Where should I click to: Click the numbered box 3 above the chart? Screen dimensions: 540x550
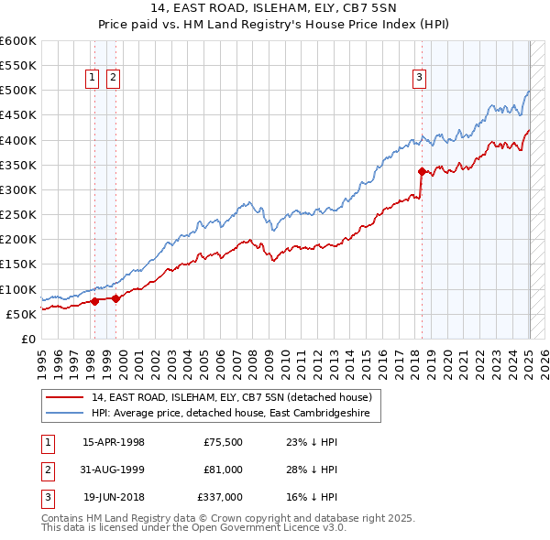coord(419,79)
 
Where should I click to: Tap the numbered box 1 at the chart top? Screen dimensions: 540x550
coord(93,79)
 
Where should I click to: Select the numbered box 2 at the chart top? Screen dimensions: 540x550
coord(112,79)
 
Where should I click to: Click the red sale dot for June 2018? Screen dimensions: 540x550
coord(422,171)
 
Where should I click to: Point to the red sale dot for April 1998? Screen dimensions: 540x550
coord(94,301)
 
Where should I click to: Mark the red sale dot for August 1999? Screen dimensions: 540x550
coord(116,298)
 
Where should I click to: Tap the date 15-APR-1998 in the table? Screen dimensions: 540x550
coord(114,442)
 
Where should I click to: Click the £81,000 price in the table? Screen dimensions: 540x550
coord(223,470)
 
